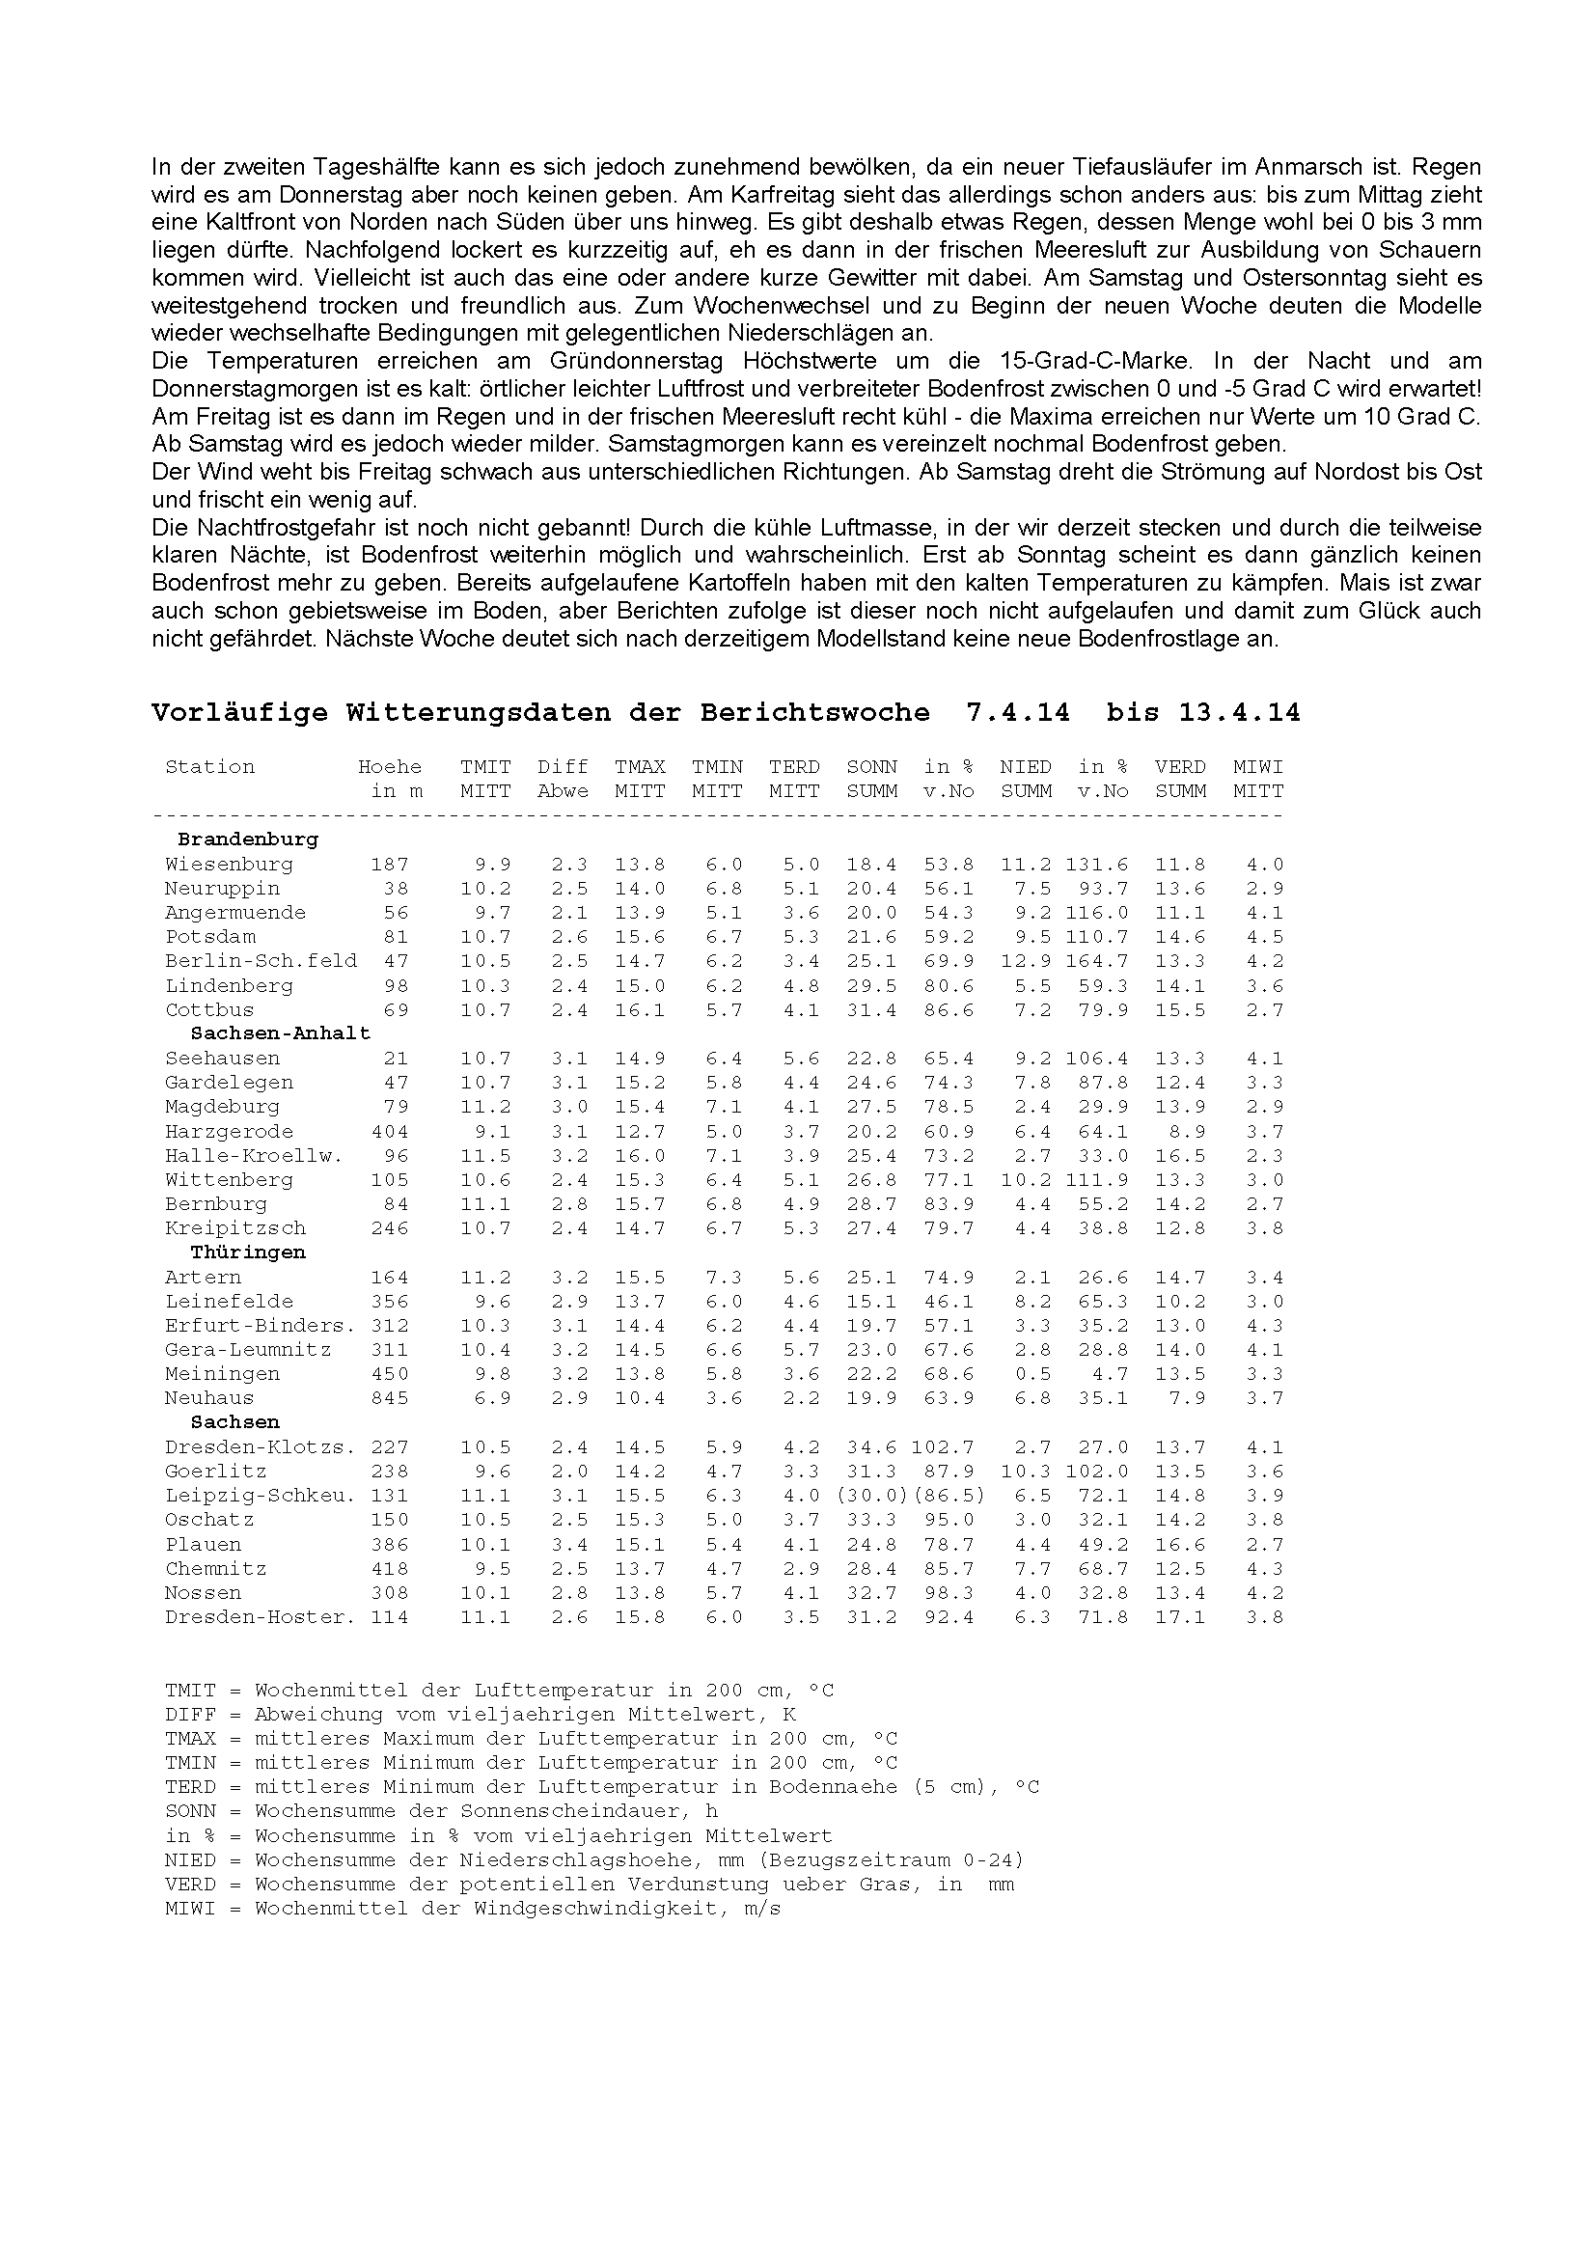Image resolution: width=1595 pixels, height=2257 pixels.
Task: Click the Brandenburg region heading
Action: point(248,839)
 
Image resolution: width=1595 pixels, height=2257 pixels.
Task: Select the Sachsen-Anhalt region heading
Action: point(280,1033)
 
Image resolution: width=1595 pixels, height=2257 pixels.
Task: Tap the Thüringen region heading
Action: point(248,1252)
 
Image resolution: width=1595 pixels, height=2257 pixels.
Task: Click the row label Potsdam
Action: point(210,937)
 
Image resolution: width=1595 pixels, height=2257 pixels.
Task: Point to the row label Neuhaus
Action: point(209,1398)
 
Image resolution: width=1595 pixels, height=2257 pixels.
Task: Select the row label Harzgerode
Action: point(229,1132)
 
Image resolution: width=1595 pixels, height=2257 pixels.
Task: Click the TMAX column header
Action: point(640,767)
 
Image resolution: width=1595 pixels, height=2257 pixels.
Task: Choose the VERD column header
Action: point(1180,767)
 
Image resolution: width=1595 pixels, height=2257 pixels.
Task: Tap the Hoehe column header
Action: point(389,767)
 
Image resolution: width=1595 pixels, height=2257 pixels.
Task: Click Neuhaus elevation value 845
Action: point(389,1398)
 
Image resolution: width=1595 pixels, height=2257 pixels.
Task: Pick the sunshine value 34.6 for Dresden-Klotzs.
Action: point(870,1447)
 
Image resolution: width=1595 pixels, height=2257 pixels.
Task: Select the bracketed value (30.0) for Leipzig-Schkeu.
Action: point(870,1495)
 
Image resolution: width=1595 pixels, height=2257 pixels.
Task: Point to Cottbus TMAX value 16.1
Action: point(640,1009)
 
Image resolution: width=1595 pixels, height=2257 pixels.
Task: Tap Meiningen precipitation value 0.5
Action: point(1032,1374)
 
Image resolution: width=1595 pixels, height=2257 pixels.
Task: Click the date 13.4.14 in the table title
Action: point(1239,713)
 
